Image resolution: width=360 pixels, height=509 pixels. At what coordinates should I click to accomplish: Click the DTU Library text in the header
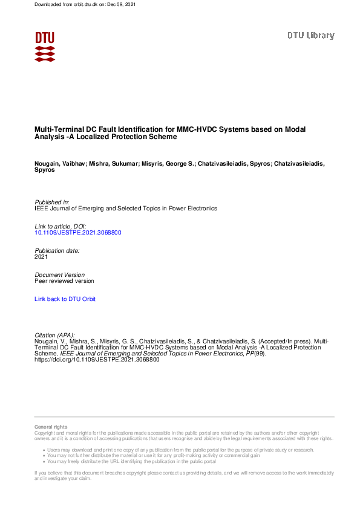(310, 36)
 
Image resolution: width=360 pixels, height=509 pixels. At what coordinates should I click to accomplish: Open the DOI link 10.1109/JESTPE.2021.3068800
(73, 232)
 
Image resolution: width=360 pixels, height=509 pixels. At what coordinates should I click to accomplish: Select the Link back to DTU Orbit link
(65, 299)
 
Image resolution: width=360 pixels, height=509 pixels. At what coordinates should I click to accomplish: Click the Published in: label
(52, 202)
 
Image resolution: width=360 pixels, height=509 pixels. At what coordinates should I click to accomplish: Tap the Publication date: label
(57, 250)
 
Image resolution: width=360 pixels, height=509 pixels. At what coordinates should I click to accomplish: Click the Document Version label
(60, 274)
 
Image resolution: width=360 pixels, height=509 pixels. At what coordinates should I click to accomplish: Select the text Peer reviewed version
(64, 281)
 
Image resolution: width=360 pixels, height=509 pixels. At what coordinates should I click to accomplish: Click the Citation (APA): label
(55, 335)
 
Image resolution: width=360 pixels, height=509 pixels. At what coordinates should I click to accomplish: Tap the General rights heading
(51, 427)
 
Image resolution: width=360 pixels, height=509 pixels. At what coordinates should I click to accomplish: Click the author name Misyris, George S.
(170, 164)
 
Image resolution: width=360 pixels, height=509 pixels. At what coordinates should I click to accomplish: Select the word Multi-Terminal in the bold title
(55, 129)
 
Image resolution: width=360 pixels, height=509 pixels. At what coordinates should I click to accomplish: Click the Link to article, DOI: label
(61, 226)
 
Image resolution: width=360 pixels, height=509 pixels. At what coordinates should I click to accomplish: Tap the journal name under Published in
(126, 209)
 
